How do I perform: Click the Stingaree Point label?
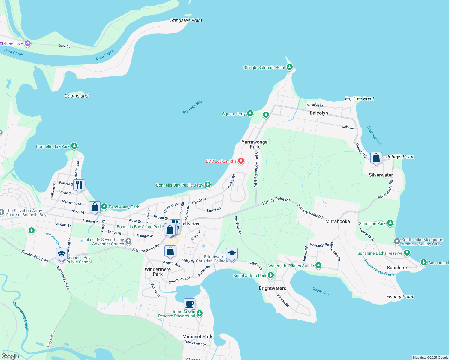(186, 20)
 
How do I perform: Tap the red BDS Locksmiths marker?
(241, 161)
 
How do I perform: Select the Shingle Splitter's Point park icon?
(289, 67)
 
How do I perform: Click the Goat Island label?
(77, 96)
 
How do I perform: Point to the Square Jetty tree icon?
(250, 113)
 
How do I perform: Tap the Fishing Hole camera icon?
(28, 43)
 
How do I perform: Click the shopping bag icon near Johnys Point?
(376, 158)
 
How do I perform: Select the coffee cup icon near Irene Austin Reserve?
(189, 304)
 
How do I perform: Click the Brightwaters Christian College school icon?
(232, 254)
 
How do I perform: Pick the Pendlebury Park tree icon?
(104, 206)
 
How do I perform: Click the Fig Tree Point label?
(360, 98)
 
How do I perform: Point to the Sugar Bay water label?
(321, 291)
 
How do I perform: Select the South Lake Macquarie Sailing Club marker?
(397, 241)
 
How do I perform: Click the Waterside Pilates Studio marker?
(318, 265)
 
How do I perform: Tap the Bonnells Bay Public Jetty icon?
(208, 184)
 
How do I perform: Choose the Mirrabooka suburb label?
(337, 221)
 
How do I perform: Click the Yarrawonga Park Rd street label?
(256, 170)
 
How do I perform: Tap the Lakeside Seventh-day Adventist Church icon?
(128, 241)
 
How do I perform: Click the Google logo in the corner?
(10, 356)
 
